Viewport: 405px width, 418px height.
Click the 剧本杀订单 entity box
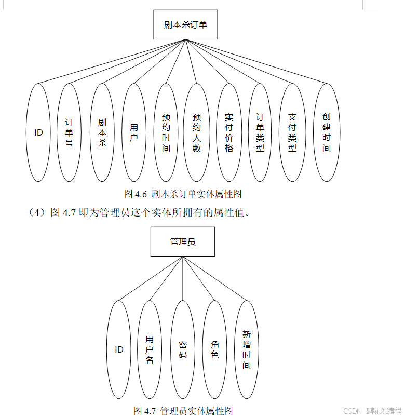point(185,24)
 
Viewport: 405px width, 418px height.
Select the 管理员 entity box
point(183,241)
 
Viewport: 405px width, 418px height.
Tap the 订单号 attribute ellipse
point(69,132)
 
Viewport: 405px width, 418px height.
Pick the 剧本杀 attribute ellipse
point(102,132)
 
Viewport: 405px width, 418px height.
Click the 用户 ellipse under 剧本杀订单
point(134,132)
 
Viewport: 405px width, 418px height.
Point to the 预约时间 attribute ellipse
point(166,132)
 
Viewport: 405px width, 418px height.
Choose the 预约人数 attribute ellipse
point(197,132)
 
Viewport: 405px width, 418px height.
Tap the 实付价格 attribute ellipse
point(229,132)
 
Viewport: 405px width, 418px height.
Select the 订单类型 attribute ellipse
point(260,132)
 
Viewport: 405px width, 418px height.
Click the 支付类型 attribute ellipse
point(292,132)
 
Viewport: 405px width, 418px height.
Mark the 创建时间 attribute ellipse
point(327,132)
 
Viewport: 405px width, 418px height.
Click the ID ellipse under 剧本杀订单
point(38,132)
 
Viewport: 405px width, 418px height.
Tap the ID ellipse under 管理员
point(119,349)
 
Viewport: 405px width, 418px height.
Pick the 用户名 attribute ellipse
point(150,349)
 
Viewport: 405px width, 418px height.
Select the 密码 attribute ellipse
point(183,349)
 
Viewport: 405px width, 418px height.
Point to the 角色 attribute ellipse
point(215,349)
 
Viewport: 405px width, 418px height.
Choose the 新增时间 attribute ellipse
point(247,349)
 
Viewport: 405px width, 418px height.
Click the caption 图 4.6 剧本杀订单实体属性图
point(183,194)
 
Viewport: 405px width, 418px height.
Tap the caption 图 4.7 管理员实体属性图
point(183,411)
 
